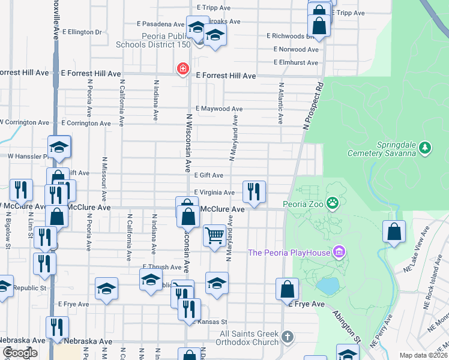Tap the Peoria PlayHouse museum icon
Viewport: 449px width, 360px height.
point(339,252)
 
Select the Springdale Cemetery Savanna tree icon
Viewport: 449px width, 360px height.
point(425,147)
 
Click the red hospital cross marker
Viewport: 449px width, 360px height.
point(182,70)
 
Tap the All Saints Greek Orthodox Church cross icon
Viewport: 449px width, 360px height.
point(288,337)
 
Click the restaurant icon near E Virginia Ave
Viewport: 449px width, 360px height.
point(254,191)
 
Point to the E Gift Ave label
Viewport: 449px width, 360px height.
point(209,175)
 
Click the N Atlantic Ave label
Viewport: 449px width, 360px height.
point(280,103)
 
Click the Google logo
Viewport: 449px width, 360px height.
point(20,353)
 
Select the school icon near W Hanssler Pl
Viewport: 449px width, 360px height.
point(59,147)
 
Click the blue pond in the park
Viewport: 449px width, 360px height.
point(328,286)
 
